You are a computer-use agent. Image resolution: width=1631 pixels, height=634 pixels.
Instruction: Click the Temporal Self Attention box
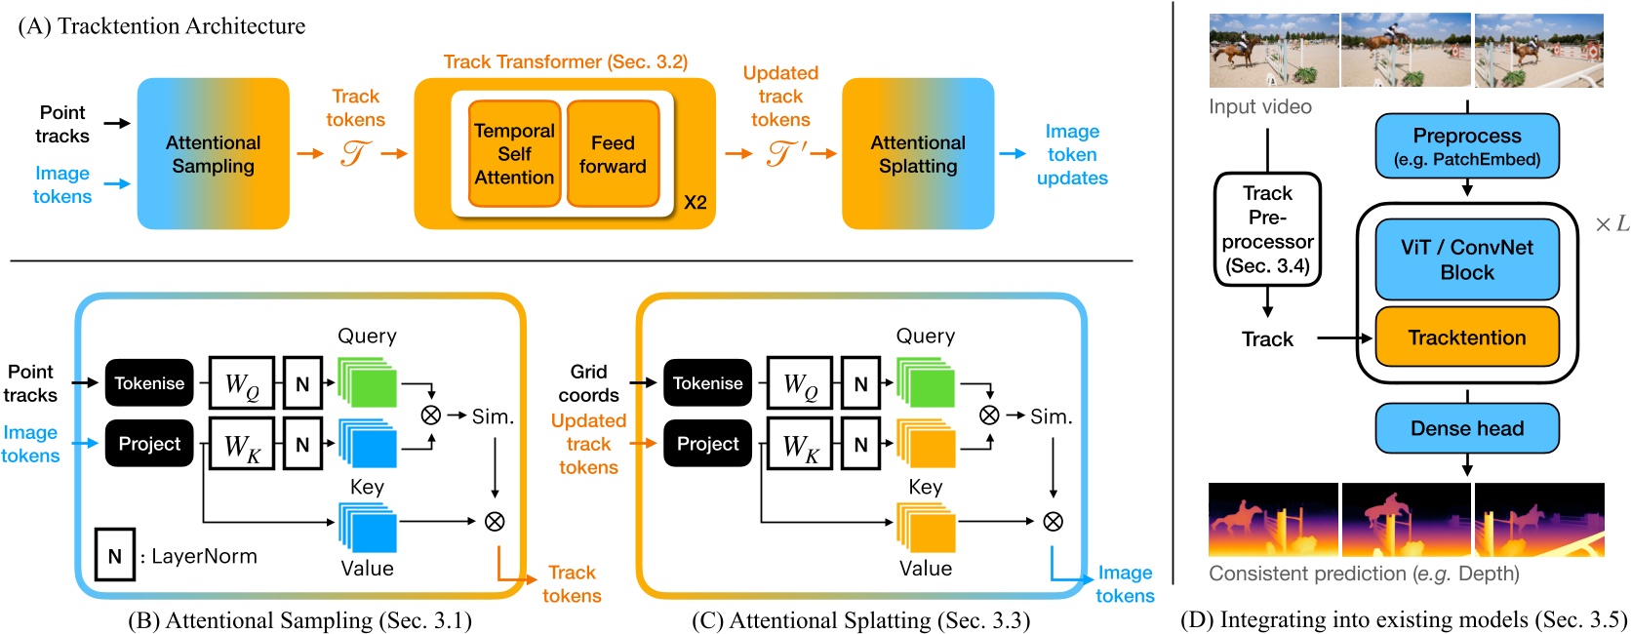(514, 154)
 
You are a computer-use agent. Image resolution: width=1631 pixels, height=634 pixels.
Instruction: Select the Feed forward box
(613, 154)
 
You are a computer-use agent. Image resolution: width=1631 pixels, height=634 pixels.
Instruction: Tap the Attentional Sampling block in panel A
(213, 154)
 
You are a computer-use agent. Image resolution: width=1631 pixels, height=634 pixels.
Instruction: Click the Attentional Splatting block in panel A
(917, 154)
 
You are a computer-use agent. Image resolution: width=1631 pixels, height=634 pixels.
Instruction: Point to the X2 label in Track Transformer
(695, 203)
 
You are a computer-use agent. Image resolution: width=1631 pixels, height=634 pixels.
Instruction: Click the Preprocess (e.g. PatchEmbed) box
(1466, 146)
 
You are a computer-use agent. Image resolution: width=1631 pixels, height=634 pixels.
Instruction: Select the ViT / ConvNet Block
(1466, 259)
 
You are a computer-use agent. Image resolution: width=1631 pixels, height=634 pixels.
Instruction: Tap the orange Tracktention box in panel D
(1466, 337)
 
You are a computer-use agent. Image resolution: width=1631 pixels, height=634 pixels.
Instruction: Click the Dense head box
(1466, 428)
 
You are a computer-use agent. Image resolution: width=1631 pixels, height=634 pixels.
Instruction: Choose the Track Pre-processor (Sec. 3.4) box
(1267, 229)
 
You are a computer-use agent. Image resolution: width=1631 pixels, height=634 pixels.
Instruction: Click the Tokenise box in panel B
(149, 383)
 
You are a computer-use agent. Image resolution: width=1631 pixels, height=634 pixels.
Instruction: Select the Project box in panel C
(707, 444)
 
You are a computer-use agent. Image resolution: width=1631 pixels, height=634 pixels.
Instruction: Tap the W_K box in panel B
(242, 444)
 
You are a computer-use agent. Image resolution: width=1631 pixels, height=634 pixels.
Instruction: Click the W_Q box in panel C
(800, 383)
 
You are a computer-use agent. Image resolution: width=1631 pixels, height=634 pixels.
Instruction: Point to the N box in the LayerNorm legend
(114, 556)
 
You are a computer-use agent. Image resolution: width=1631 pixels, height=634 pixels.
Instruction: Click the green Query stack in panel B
(368, 382)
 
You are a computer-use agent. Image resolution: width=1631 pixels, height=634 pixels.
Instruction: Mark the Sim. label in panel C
(1051, 416)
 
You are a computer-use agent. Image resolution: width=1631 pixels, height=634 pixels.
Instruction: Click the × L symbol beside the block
(1611, 224)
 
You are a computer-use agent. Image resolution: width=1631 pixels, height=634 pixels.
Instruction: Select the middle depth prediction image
(1406, 520)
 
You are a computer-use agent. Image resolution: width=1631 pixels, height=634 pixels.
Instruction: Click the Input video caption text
(1259, 106)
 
